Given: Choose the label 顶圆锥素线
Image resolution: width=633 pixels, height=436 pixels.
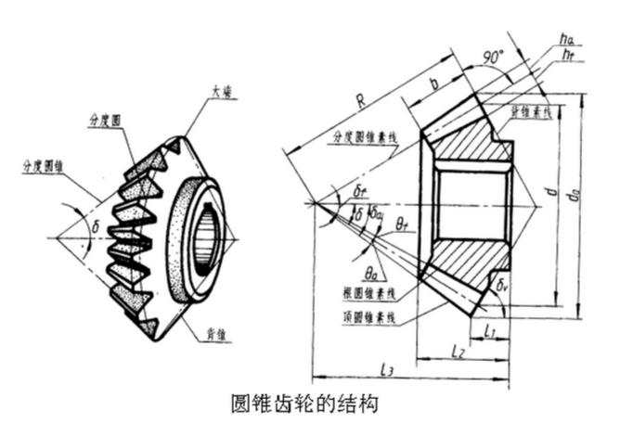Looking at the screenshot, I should (x=368, y=317).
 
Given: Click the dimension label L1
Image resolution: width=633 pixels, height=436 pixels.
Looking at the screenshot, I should (x=491, y=328).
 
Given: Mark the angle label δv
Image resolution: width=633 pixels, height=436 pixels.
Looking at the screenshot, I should (x=503, y=287).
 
